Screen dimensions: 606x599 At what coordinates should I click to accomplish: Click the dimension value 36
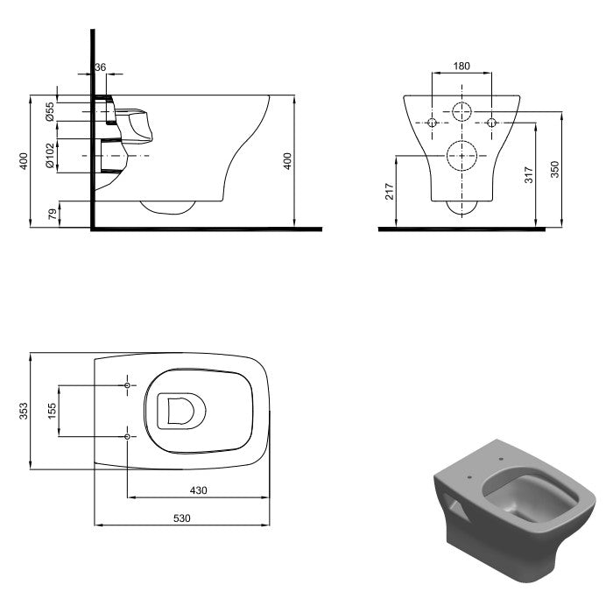(100, 67)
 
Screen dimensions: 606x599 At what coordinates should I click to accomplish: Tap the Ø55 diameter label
(50, 112)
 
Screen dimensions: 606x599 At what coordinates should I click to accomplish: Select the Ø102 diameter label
(50, 156)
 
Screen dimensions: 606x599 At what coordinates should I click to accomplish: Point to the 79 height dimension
(53, 214)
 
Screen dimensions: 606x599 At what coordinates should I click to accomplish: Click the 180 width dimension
(462, 66)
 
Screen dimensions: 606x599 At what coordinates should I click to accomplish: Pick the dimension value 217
(390, 192)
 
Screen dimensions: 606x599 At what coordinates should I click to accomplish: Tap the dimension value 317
(529, 174)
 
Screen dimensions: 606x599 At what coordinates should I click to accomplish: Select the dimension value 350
(555, 169)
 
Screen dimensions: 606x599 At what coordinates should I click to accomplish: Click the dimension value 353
(24, 412)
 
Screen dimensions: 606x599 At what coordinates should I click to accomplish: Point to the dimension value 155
(52, 411)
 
